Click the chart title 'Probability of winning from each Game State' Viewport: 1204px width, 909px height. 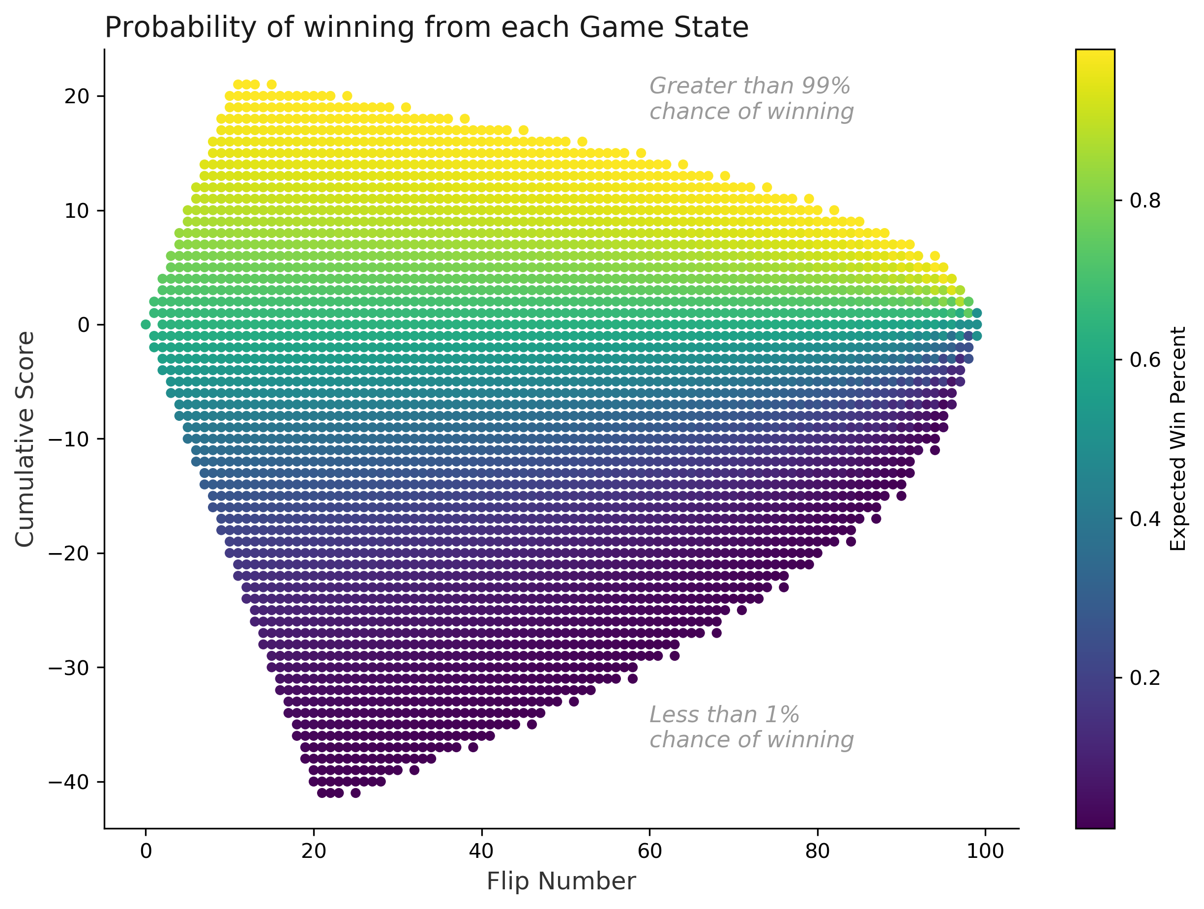point(426,27)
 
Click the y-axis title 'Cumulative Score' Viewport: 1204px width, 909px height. point(25,439)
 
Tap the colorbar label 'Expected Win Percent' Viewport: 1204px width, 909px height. point(1178,439)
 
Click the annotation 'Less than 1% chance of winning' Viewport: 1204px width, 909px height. point(751,727)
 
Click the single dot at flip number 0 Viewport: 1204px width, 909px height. point(146,324)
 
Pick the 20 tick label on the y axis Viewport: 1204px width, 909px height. point(77,96)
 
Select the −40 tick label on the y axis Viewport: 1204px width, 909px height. point(69,782)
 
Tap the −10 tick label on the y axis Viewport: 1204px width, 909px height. point(69,439)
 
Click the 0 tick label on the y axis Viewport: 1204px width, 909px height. point(83,325)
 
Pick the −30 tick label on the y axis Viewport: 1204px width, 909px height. point(69,668)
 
